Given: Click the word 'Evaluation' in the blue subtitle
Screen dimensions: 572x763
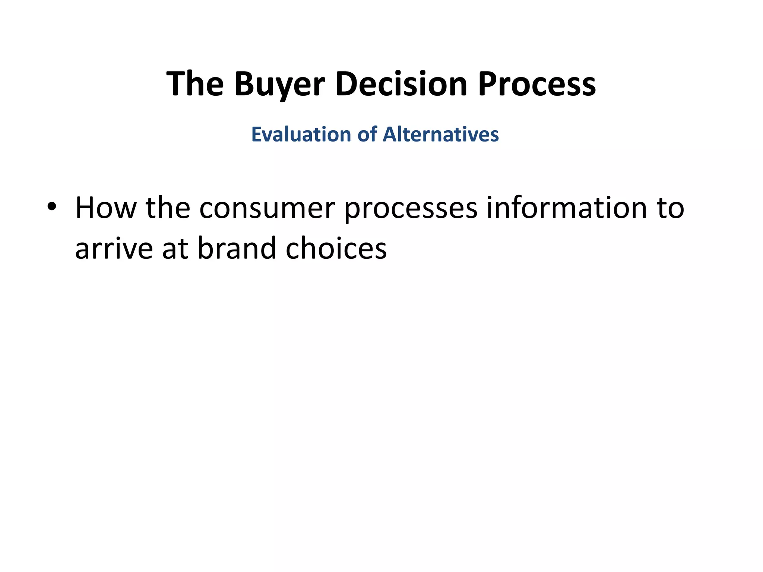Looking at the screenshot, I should coord(301,134).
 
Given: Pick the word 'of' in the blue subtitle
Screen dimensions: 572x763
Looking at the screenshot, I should coord(367,134).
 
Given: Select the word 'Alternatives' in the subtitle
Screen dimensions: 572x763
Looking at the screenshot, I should coord(441,134).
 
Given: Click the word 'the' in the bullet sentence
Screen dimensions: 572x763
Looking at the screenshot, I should coord(168,208).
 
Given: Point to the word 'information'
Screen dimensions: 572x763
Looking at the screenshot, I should coord(567,208).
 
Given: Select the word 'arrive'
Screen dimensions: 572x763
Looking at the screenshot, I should coord(114,248).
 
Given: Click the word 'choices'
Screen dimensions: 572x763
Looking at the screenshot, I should coord(336,248).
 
